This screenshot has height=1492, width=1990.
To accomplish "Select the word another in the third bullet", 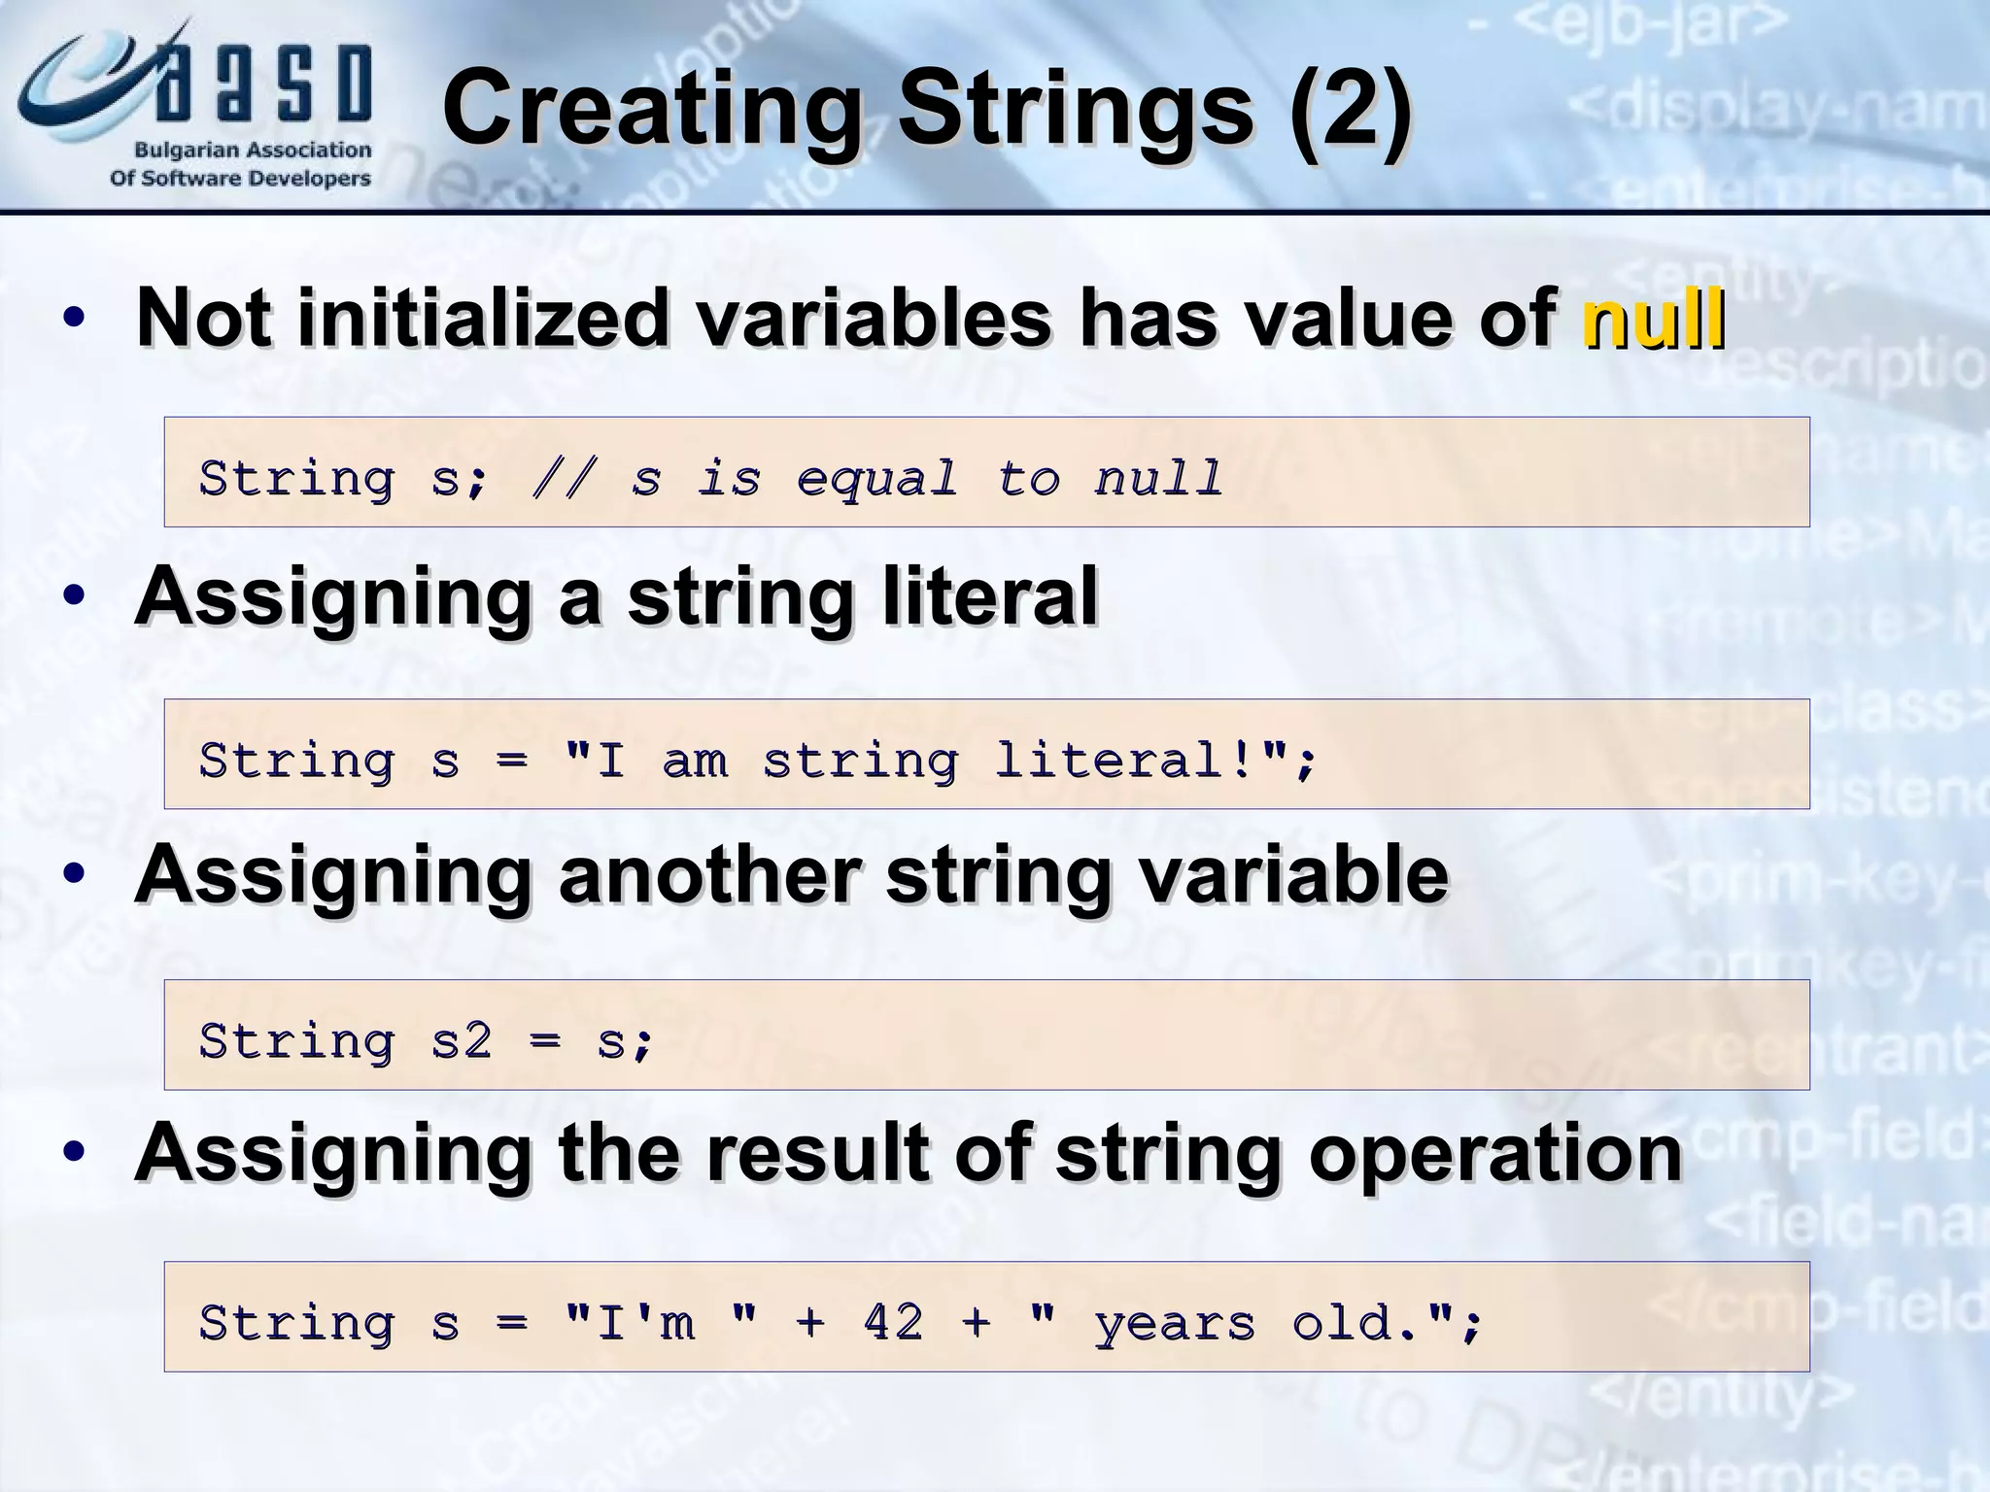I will [709, 875].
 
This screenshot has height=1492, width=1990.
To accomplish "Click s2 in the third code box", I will [461, 1041].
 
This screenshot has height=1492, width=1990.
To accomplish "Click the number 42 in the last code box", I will [893, 1322].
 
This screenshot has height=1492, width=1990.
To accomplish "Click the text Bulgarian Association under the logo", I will [252, 151].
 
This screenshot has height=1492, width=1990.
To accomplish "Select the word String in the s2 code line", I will [296, 1041].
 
